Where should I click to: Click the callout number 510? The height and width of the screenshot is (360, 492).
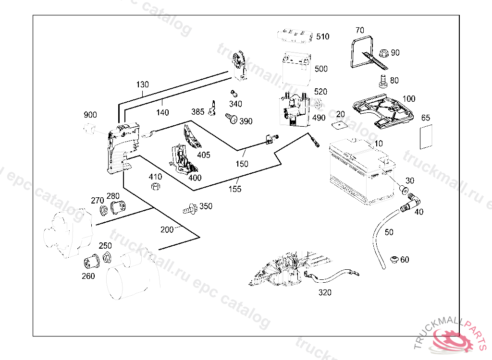tap(322, 36)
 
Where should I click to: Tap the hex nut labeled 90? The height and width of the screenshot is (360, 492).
tap(383, 52)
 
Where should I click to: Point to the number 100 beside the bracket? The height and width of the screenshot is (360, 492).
tap(408, 99)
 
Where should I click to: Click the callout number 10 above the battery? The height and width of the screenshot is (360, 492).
tap(379, 143)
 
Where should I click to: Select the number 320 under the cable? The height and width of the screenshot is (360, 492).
tap(325, 292)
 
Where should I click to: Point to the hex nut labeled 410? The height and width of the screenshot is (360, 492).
tap(155, 187)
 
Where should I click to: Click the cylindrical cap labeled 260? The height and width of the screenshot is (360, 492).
tap(90, 262)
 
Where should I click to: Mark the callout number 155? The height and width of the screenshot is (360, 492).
tap(235, 189)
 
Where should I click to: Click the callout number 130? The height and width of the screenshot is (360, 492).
tap(142, 84)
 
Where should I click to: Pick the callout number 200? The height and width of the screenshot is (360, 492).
tap(167, 229)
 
